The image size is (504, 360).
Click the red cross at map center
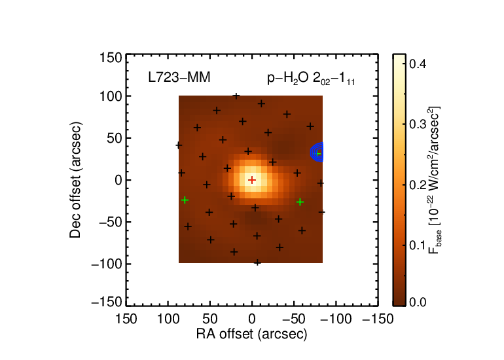click(x=252, y=180)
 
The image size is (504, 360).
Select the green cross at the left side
click(x=185, y=200)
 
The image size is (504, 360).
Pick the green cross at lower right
click(x=300, y=202)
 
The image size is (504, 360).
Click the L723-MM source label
click(x=179, y=77)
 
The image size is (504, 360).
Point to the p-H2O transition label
click(x=311, y=78)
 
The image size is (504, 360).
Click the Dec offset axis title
click(x=75, y=180)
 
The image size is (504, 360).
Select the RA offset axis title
click(x=252, y=334)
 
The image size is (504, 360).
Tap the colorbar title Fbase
click(x=434, y=180)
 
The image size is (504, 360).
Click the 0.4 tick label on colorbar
click(x=418, y=63)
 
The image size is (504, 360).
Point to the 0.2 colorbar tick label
click(x=418, y=185)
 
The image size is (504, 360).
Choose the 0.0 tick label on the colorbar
click(x=418, y=302)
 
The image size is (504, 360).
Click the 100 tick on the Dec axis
click(x=111, y=96)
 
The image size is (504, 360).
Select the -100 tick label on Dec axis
click(x=107, y=264)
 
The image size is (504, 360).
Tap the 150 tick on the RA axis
click(x=126, y=319)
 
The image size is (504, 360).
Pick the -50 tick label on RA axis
click(x=294, y=319)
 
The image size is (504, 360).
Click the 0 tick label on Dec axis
click(x=118, y=180)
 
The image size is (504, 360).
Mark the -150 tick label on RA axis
click(x=378, y=319)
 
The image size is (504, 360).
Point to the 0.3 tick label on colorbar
click(x=418, y=124)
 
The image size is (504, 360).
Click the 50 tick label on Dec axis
click(x=115, y=138)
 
